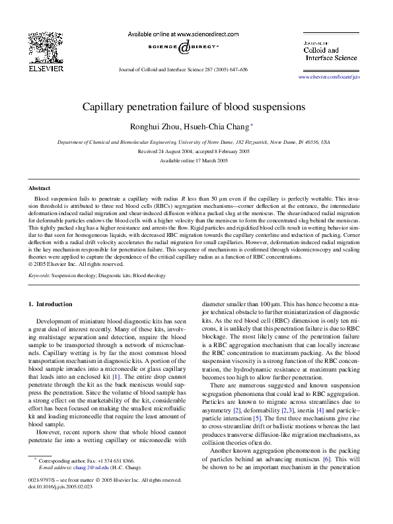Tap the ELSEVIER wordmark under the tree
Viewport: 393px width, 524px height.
pos(45,68)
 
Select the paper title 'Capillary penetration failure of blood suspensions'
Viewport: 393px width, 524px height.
pos(194,106)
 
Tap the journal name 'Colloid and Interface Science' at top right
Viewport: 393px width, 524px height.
pos(330,53)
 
